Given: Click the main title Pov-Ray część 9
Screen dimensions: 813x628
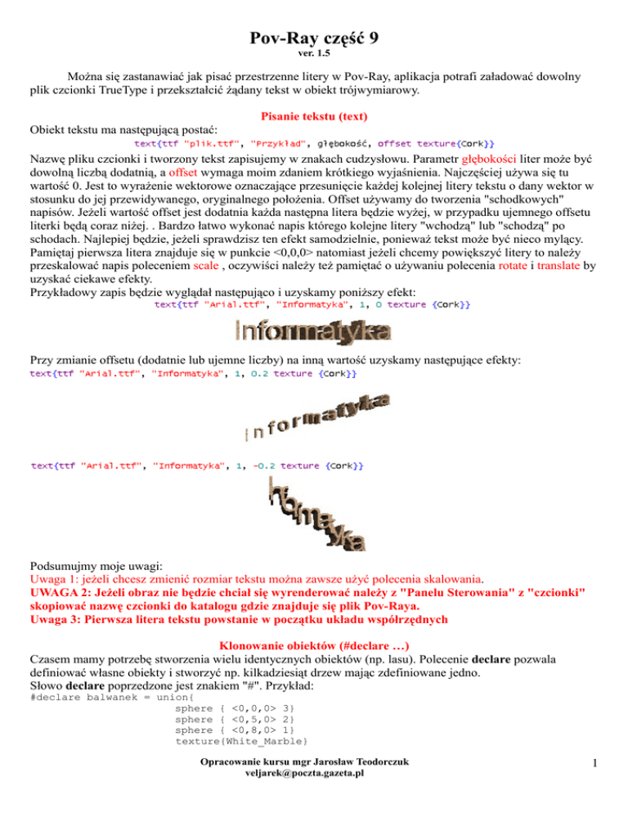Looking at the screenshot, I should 314,38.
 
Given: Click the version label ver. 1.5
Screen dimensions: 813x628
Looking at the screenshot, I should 314,56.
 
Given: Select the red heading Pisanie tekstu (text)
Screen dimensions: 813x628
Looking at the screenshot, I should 314,117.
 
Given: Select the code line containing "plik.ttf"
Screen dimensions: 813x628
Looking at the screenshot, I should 314,145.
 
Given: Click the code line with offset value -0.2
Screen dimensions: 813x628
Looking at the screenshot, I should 198,466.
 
